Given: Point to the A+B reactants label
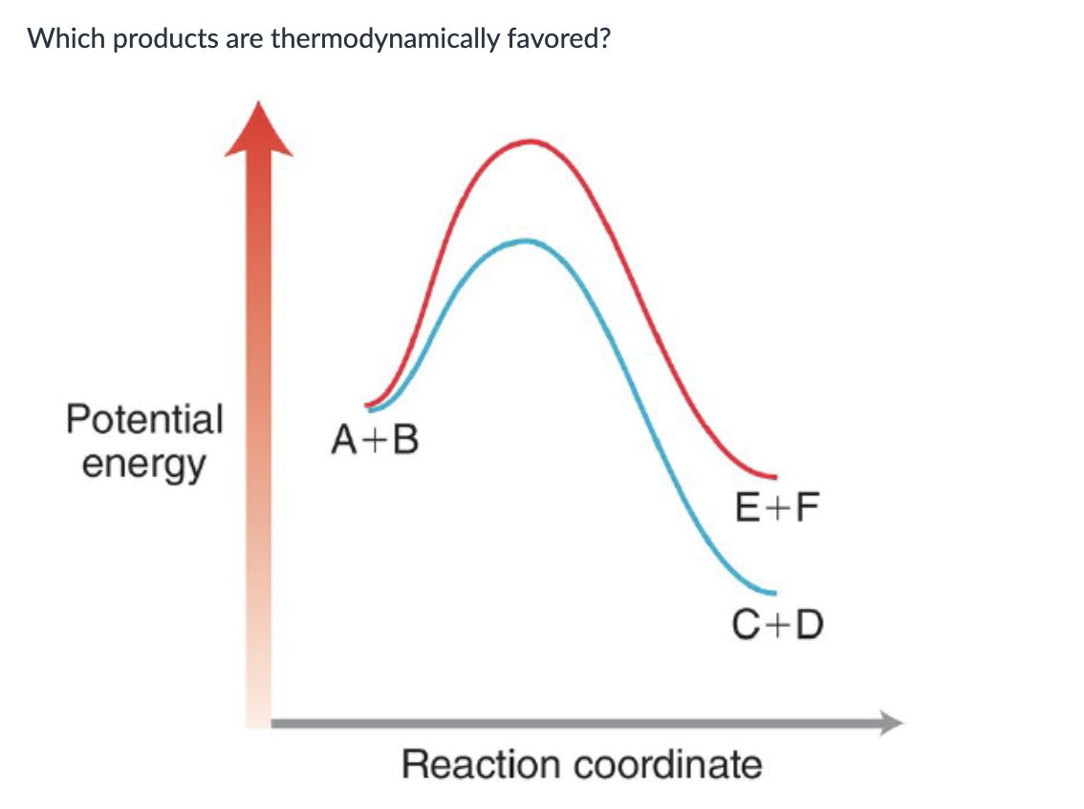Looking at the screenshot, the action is [375, 441].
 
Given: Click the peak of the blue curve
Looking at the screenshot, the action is [525, 240].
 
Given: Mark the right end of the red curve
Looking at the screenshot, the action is [775, 476].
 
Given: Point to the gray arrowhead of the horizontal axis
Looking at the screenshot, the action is [891, 723].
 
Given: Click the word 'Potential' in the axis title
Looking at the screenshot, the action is [144, 419].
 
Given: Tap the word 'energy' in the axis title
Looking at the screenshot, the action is [143, 466].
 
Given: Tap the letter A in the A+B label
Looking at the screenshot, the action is [345, 441].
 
